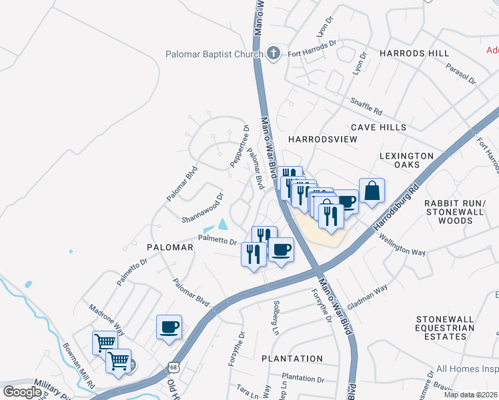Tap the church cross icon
(x=272, y=54)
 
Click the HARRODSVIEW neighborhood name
(x=322, y=139)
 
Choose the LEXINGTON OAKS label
(x=409, y=160)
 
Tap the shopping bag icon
(x=372, y=190)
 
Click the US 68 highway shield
(x=174, y=367)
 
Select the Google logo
(x=22, y=391)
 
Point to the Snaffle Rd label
(x=366, y=105)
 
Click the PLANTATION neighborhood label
(x=292, y=359)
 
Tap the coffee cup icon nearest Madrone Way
(x=169, y=327)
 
